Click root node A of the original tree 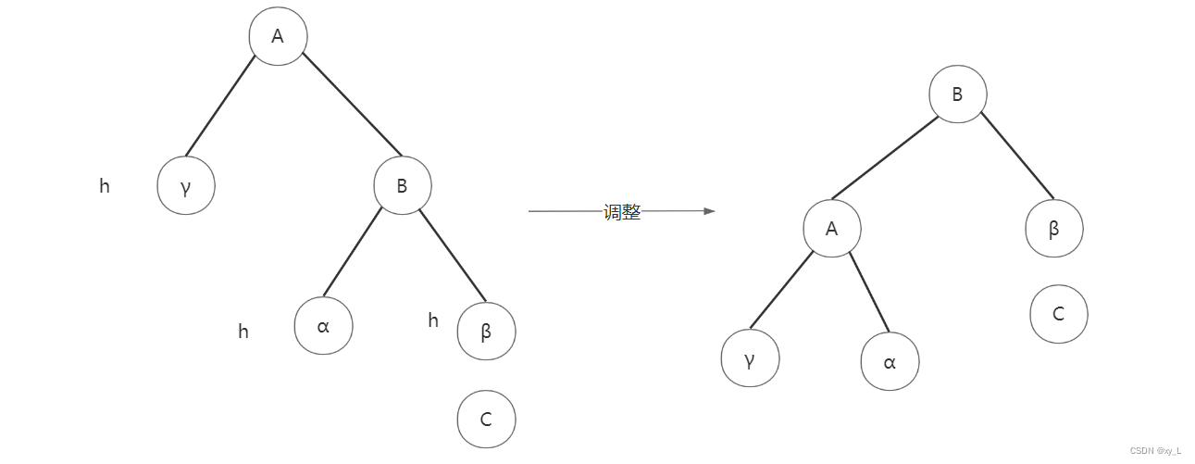click(x=278, y=37)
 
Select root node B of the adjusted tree click(x=958, y=94)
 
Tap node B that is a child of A click(x=403, y=186)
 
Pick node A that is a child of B click(x=831, y=229)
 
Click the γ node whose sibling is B click(x=186, y=186)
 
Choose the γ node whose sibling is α click(x=750, y=357)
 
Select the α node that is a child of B click(x=323, y=326)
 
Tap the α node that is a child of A click(x=890, y=362)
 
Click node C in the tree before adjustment click(x=486, y=420)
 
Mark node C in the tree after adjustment click(x=1058, y=314)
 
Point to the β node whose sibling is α click(x=486, y=331)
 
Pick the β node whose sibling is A click(x=1053, y=229)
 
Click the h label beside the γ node click(x=105, y=186)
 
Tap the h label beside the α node click(x=243, y=332)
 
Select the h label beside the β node click(x=433, y=320)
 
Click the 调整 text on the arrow click(x=622, y=212)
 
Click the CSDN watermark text click(x=1155, y=450)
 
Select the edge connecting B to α click(x=353, y=252)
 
